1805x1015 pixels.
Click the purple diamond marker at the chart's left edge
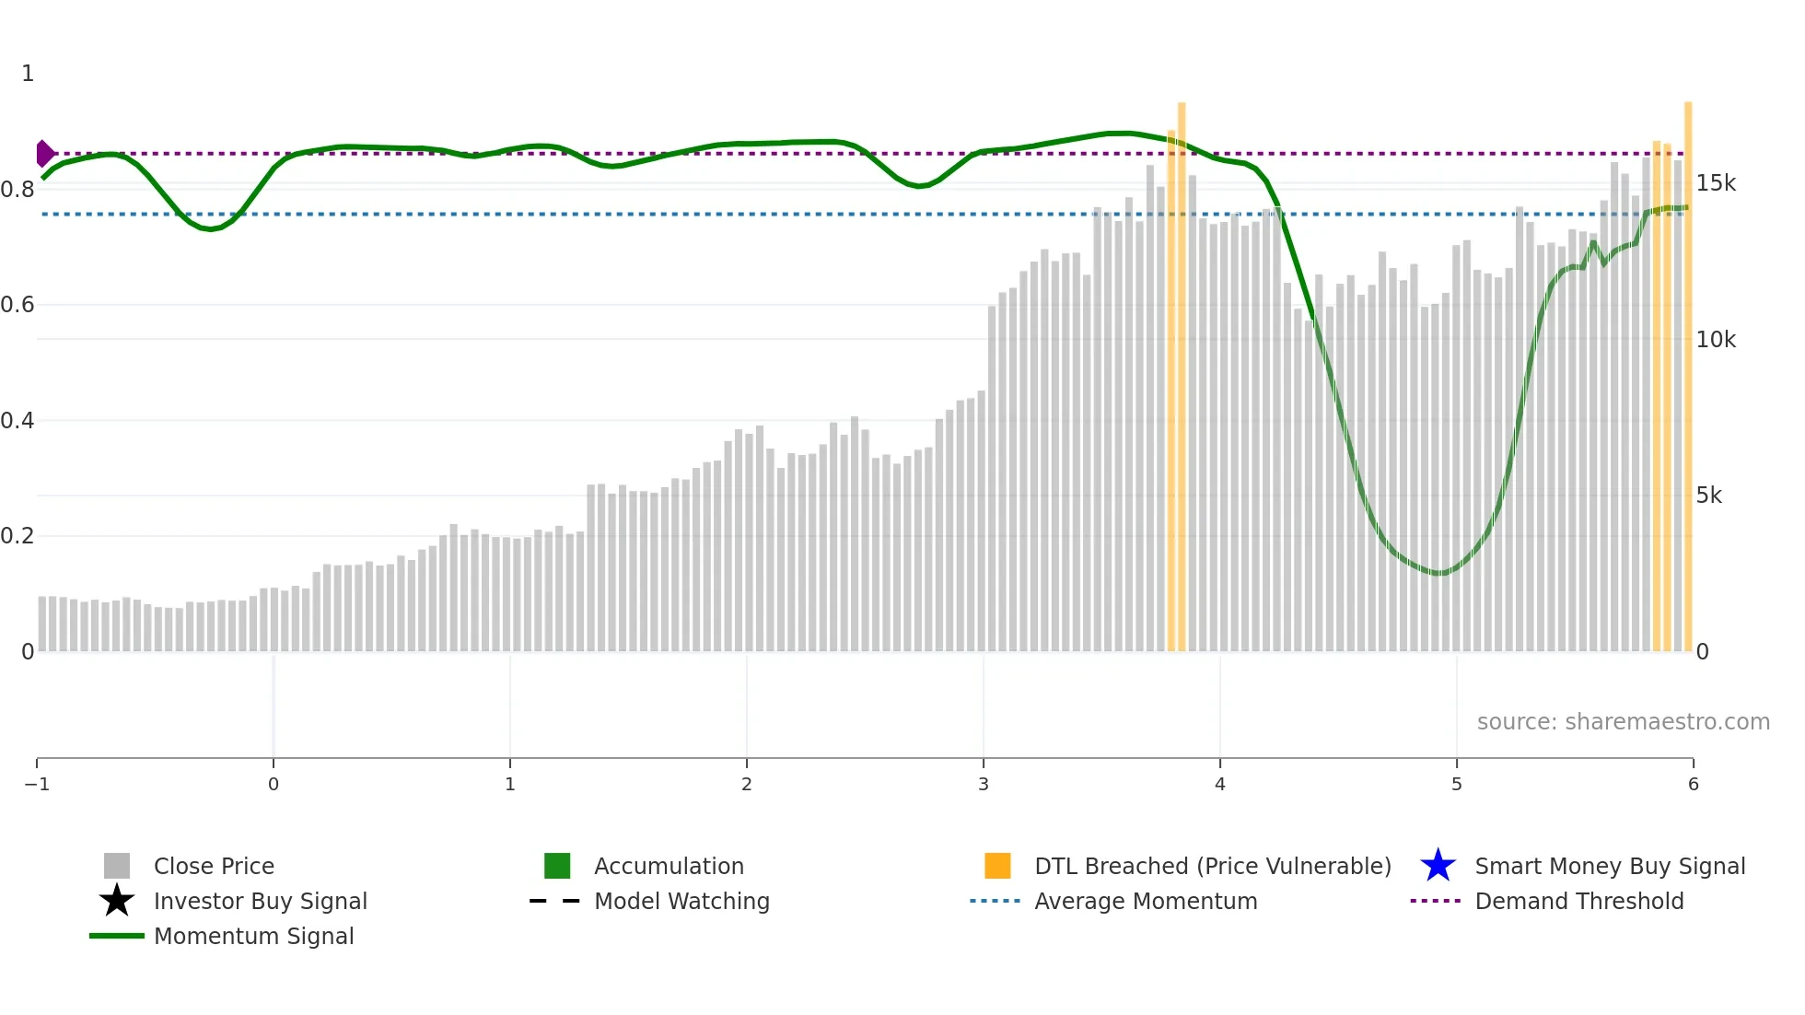coord(44,153)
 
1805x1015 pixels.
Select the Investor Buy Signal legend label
coord(260,901)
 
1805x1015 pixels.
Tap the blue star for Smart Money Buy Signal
coord(1438,866)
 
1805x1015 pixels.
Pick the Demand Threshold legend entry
coord(1578,901)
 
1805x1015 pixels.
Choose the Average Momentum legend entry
coord(1145,901)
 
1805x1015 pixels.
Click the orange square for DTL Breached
coord(997,866)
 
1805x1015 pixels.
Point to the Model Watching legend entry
coord(681,901)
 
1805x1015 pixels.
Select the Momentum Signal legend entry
coord(253,936)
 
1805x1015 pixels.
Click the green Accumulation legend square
coord(557,866)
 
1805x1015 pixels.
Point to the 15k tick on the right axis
coord(1716,183)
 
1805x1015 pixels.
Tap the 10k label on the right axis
coord(1716,340)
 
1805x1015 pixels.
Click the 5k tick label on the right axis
coord(1708,496)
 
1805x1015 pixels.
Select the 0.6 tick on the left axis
coord(17,305)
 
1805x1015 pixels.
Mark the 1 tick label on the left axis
coord(28,74)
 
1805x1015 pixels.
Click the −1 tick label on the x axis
coord(37,785)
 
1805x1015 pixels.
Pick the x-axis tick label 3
coord(984,785)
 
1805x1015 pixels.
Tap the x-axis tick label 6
coord(1693,785)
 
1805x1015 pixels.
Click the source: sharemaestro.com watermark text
coord(1623,722)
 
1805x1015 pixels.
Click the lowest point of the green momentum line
coord(1438,573)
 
